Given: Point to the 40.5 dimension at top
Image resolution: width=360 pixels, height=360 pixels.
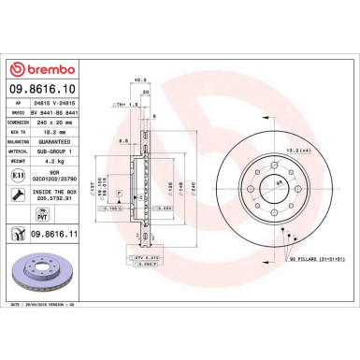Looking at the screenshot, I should tap(141, 79).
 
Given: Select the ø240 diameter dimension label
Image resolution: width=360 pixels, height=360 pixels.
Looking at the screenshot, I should tap(193, 186).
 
